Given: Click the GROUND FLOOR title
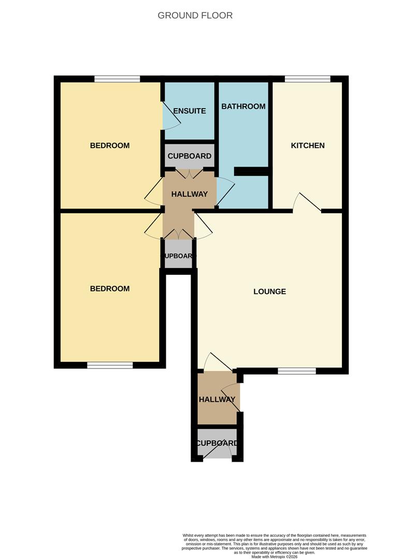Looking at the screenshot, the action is tap(195, 16).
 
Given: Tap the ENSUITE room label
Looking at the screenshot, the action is tap(190, 111).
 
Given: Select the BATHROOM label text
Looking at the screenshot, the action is tap(243, 106).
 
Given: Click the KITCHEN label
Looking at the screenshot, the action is tap(308, 145).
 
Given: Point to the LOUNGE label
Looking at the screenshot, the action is tap(270, 291).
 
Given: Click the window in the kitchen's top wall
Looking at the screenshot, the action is tap(307, 79).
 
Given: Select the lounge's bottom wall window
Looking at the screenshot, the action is tap(297, 371).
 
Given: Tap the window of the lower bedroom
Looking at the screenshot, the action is tap(110, 365).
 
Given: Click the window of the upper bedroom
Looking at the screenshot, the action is tap(117, 79).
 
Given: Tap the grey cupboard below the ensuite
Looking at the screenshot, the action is tap(190, 156).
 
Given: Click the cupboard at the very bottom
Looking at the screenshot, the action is tap(217, 444).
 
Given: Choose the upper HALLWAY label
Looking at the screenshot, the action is tap(190, 194).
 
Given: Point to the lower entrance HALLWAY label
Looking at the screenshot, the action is tap(217, 399).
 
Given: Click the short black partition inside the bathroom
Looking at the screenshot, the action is tap(251, 171).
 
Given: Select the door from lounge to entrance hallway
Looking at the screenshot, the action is tap(218, 362).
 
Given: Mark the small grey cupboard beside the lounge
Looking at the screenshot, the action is tap(178, 254).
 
